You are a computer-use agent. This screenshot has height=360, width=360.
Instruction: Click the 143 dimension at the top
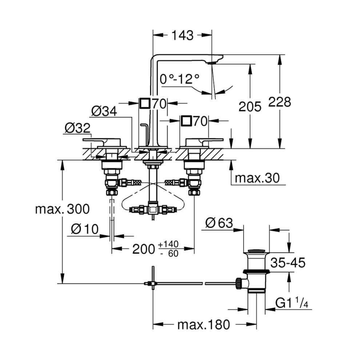pyautogui.click(x=182, y=35)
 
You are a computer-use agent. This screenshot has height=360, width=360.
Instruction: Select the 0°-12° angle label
pyautogui.click(x=180, y=79)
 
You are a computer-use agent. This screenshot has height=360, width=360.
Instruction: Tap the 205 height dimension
pyautogui.click(x=250, y=107)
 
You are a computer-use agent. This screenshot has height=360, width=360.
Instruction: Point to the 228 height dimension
pyautogui.click(x=280, y=102)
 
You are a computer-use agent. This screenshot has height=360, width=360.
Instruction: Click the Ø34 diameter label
pyautogui.click(x=104, y=111)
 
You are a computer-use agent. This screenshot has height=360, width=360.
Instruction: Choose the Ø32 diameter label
pyautogui.click(x=77, y=128)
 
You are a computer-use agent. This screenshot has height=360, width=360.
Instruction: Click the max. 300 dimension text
pyautogui.click(x=62, y=209)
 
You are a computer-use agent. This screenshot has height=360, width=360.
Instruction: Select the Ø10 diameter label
pyautogui.click(x=84, y=229)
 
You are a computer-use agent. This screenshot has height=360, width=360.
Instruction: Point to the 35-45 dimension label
pyautogui.click(x=287, y=262)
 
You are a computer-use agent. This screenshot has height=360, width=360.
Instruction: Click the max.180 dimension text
pyautogui.click(x=204, y=324)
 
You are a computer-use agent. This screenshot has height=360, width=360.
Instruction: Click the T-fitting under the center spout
pyautogui.click(x=153, y=209)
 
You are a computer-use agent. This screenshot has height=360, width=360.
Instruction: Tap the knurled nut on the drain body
pyautogui.click(x=239, y=283)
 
